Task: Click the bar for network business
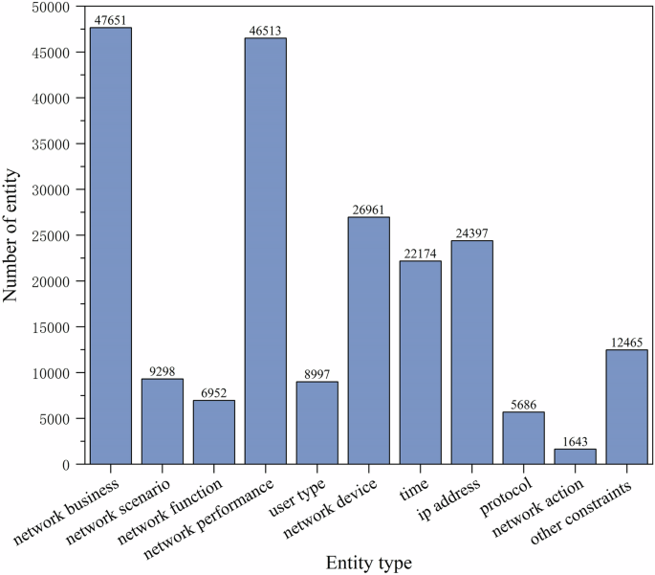111,246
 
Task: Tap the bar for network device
369,341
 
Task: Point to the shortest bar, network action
575,456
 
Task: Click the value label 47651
111,20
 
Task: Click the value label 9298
163,371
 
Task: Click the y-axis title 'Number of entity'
12,235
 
